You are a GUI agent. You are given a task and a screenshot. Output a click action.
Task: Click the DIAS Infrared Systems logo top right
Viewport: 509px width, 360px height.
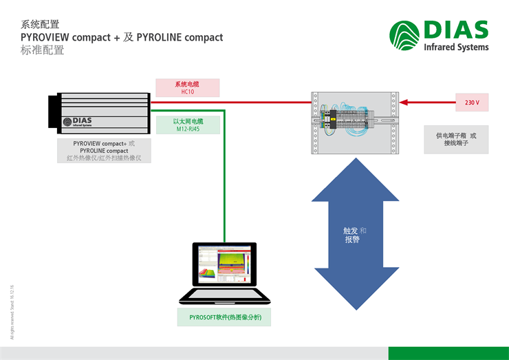tap(439, 35)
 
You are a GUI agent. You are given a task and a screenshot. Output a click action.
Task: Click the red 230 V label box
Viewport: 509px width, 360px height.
tap(472, 103)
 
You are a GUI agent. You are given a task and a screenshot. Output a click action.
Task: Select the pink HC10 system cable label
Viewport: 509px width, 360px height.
tap(188, 87)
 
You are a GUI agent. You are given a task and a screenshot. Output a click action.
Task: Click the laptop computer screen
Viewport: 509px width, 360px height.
tap(224, 265)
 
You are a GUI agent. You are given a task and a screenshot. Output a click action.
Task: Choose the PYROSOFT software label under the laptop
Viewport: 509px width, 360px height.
tap(224, 317)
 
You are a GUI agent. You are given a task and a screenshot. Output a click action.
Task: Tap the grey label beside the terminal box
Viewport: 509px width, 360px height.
tap(455, 140)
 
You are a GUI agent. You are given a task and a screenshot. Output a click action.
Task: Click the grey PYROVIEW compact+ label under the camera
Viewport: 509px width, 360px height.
tap(104, 151)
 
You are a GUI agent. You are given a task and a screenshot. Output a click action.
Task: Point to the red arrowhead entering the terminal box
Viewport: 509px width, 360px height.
tap(404, 103)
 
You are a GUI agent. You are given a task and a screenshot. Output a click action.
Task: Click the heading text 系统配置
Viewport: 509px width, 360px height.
tap(36, 24)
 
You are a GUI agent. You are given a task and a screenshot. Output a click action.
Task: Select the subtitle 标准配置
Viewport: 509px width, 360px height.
tap(43, 50)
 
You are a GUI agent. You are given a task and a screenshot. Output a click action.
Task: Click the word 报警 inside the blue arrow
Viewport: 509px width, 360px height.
tap(352, 240)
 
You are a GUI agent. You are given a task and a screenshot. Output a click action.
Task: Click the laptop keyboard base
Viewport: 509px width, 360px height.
tap(224, 296)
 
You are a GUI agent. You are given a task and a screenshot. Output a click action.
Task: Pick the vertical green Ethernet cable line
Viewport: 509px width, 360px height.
tap(224, 179)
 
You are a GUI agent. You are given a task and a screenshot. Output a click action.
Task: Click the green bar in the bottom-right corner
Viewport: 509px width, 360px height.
tap(448, 353)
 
